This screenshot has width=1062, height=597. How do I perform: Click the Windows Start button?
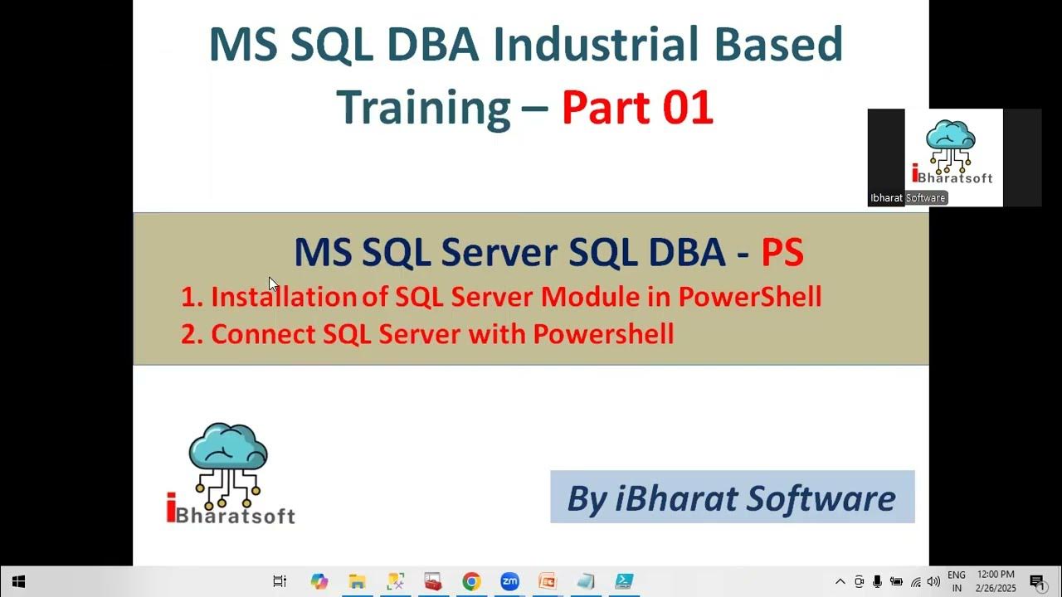coord(18,581)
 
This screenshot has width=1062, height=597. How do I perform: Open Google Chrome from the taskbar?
coord(471,581)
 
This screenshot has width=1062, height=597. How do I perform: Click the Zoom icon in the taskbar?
coord(509,581)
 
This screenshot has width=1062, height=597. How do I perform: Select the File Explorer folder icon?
coord(357,581)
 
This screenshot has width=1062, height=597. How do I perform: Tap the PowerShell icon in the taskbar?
coord(624,581)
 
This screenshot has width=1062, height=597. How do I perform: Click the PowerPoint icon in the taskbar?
coord(547,581)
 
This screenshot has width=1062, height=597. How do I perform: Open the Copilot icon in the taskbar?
coord(319,581)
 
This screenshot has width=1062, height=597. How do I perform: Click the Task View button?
coord(280,581)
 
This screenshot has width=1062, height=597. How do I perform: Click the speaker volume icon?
coord(933,582)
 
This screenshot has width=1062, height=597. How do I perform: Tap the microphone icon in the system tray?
coord(877,582)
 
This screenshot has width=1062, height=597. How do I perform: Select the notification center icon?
coord(1036,582)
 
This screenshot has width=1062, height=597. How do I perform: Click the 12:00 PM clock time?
coord(996,575)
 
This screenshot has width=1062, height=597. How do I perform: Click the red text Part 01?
coord(637,108)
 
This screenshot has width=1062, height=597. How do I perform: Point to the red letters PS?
coord(782,253)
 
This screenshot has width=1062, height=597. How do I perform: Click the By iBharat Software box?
coord(732,498)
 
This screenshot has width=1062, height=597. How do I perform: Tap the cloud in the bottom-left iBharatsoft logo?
coord(228,448)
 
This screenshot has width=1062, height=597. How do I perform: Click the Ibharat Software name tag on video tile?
coord(908,198)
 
